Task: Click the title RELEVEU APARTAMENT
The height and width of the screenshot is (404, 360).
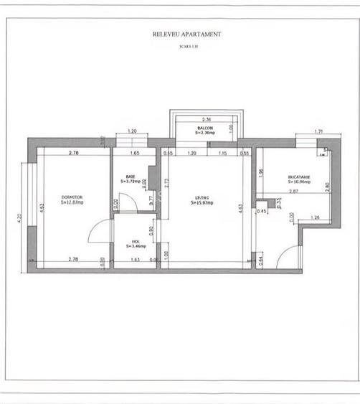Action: (x=187, y=34)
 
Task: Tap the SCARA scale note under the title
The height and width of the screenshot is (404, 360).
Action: (x=187, y=46)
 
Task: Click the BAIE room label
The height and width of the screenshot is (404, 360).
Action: (x=131, y=177)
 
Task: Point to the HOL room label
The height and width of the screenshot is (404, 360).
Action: (x=135, y=241)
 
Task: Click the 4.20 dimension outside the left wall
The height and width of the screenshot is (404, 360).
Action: (x=20, y=215)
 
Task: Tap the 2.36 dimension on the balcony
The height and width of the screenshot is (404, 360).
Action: (x=206, y=119)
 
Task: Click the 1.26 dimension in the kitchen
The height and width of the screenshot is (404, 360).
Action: (x=315, y=217)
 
